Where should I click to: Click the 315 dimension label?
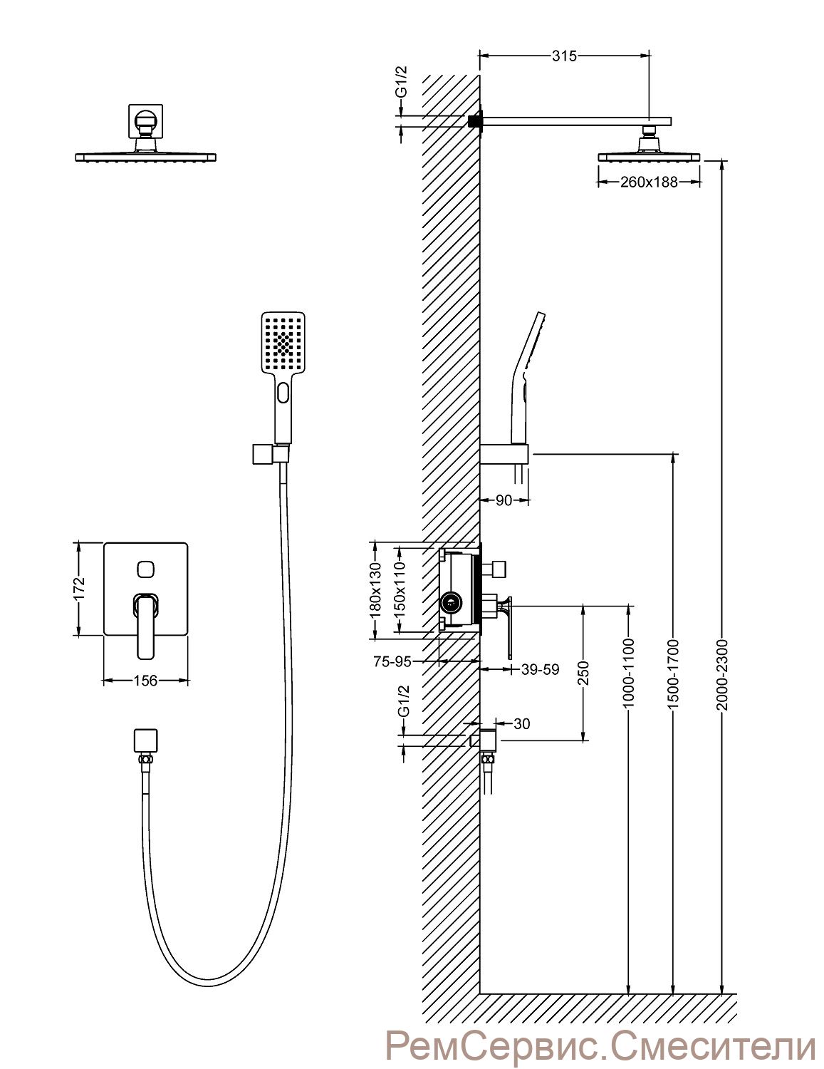564,56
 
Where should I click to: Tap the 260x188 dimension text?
649,182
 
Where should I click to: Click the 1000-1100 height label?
629,674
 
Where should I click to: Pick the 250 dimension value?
583,673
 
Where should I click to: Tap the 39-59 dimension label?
539,669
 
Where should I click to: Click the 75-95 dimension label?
392,662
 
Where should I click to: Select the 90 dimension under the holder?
504,501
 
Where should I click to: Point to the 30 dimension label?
521,723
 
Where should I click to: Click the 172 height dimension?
79,588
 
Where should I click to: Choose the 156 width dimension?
145,681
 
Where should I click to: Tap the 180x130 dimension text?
375,590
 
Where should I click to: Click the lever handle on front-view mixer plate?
145,626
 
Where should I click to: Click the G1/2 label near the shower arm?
402,82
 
